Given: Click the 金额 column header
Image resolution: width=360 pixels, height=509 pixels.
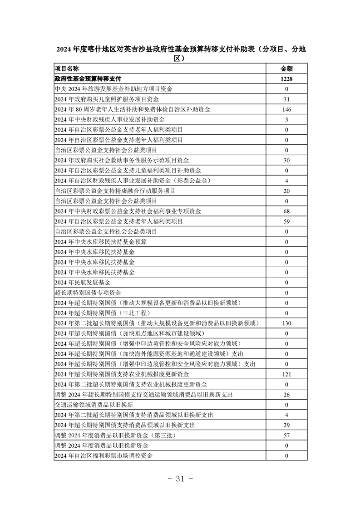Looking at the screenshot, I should (286, 69).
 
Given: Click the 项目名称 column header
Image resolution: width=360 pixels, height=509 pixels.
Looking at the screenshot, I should (66, 69).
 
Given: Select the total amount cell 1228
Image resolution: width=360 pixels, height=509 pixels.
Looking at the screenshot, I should (286, 79).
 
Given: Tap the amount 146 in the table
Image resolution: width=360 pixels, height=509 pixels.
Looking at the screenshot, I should (286, 109).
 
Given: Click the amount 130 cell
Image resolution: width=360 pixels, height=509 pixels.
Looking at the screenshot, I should (286, 323).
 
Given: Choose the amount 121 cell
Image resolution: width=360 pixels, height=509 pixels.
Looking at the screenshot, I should (286, 374).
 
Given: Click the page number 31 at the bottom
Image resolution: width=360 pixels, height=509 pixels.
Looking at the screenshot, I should (180, 479).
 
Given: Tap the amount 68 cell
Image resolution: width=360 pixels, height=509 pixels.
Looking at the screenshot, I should (286, 211).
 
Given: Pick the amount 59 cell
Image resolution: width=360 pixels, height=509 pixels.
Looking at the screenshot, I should (286, 221).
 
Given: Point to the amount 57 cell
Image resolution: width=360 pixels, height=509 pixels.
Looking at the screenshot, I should (286, 435).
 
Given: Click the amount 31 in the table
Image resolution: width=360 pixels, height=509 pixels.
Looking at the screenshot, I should (286, 99).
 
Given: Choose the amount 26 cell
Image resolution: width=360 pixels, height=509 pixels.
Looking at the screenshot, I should (286, 394).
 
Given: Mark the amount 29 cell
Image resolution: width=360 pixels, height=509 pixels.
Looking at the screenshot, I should (286, 425).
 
